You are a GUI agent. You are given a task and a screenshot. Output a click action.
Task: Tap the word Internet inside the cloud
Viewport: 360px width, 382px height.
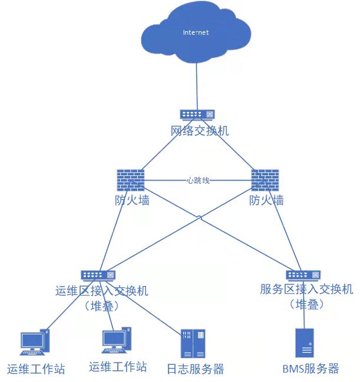(x=196, y=32)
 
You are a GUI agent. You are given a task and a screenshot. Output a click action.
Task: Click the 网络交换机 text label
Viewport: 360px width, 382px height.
(x=200, y=131)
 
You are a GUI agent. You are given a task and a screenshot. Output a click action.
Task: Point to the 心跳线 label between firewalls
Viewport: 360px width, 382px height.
(x=197, y=180)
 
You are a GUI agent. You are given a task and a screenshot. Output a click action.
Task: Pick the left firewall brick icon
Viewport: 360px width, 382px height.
(x=130, y=180)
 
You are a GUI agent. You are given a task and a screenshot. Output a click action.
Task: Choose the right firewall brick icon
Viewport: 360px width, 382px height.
(x=265, y=180)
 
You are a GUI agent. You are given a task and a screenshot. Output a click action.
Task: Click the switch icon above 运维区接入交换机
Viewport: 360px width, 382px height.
(x=98, y=275)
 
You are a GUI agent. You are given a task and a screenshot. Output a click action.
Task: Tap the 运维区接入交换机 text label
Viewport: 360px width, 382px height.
(x=101, y=291)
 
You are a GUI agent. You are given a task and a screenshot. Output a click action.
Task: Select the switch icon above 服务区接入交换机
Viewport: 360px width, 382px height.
(x=303, y=275)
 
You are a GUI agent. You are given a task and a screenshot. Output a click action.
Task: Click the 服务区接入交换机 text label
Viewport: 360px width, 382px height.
(x=306, y=289)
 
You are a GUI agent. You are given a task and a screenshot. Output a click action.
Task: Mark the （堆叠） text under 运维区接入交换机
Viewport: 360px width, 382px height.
(x=101, y=306)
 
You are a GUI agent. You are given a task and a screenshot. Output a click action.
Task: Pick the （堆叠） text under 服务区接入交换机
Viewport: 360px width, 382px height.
(x=306, y=304)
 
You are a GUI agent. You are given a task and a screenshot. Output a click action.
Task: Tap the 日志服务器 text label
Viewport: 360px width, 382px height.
(x=195, y=370)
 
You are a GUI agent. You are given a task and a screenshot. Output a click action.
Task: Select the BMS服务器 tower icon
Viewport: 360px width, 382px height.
(x=304, y=343)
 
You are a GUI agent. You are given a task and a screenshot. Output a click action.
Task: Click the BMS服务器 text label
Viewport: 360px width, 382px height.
(x=311, y=369)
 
